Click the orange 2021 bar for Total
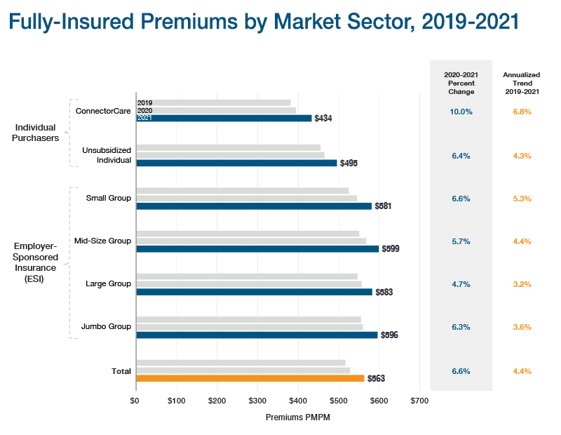250,378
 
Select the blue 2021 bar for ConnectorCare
224,118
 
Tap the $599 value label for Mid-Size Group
390,249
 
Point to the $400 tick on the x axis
298,401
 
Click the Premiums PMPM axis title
298,417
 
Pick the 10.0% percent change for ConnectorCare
461,112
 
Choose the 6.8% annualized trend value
522,112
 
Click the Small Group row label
108,198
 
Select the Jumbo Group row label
106,327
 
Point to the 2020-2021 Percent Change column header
461,82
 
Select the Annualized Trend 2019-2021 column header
522,82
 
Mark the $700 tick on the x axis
419,401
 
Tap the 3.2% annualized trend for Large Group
522,284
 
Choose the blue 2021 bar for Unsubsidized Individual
236,163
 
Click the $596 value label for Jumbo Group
389,335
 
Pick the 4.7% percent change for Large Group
461,284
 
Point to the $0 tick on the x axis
135,401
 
